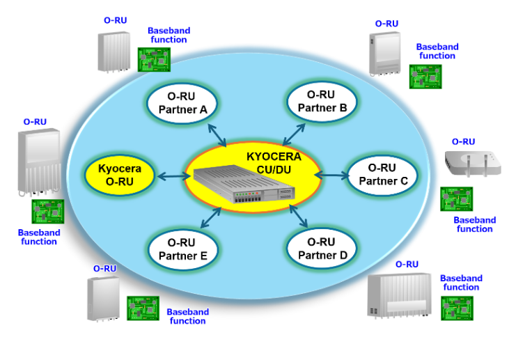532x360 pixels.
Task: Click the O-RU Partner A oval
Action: (182, 102)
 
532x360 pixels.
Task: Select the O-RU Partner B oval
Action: (322, 101)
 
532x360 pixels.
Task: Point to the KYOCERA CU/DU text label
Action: (274, 162)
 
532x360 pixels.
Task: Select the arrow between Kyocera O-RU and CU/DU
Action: (171, 176)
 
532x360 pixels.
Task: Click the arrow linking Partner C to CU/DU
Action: (334, 175)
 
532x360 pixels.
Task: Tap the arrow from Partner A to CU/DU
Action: (214, 134)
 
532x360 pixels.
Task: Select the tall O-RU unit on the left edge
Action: (39, 161)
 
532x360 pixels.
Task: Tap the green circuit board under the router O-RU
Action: (456, 198)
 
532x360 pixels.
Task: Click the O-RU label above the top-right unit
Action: (386, 24)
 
